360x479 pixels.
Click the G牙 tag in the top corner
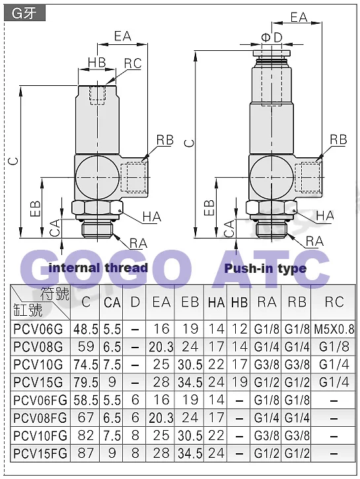coord(24,13)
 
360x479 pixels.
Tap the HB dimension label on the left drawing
coord(96,62)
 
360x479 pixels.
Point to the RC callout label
coord(133,63)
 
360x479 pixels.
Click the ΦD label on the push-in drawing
coord(271,38)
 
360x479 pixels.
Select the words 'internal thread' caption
coord(98,268)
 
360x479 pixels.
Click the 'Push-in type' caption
coord(265,268)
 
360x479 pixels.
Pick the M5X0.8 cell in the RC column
coord(334,329)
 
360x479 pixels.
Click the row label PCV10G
coord(38,365)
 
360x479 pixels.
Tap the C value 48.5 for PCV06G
coord(85,329)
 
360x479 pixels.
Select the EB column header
coord(190,302)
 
